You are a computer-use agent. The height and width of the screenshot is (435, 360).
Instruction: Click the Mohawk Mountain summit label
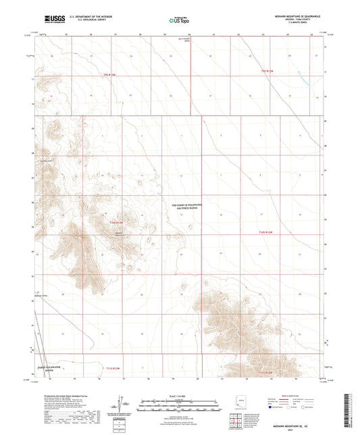pyautogui.click(x=119, y=234)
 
